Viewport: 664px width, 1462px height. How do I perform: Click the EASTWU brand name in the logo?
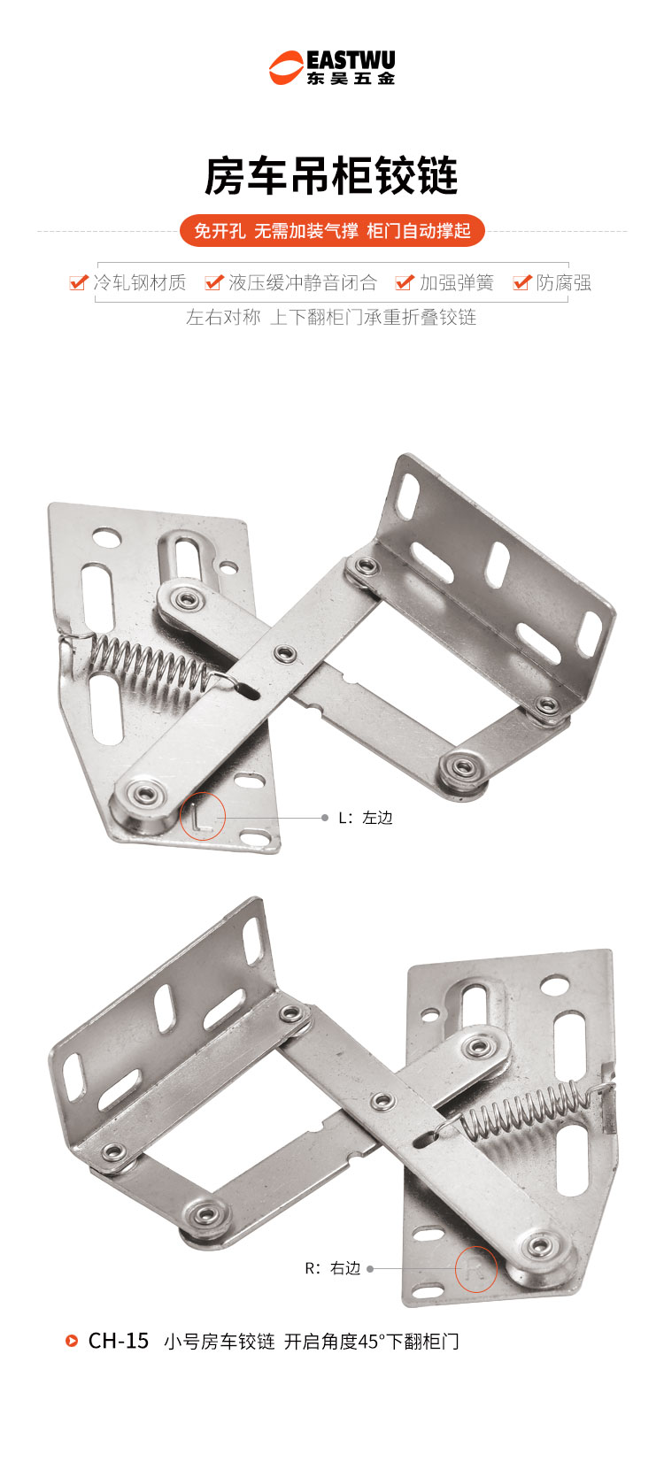[351, 60]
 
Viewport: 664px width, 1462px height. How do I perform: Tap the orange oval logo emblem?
[286, 68]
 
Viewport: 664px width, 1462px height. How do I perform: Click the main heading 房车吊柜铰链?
[332, 175]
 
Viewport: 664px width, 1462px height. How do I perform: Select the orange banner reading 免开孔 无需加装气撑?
[332, 230]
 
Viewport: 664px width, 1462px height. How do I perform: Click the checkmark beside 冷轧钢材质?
[79, 282]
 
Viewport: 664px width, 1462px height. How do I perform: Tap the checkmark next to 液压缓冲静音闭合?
[214, 282]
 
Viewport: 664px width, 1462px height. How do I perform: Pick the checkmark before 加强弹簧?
[405, 282]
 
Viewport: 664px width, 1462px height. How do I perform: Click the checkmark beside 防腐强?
[522, 282]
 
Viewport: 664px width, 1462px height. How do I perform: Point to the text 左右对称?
[223, 317]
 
